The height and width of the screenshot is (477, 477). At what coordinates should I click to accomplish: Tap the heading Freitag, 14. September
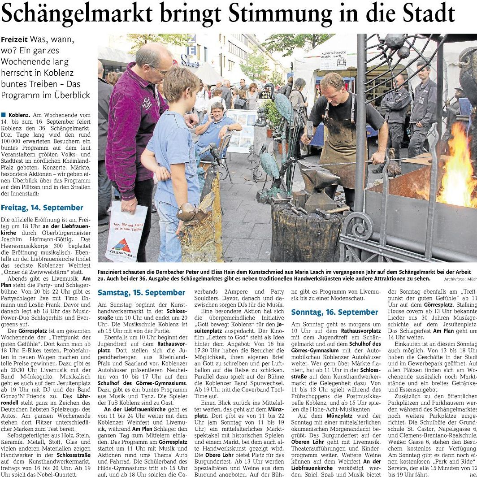click(x=42, y=208)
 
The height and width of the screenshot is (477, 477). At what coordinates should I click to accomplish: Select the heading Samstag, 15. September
click(x=141, y=293)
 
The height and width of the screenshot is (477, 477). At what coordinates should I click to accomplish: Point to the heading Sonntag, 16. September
click(x=334, y=312)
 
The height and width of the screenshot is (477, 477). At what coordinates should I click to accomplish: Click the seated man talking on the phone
click(x=217, y=130)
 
